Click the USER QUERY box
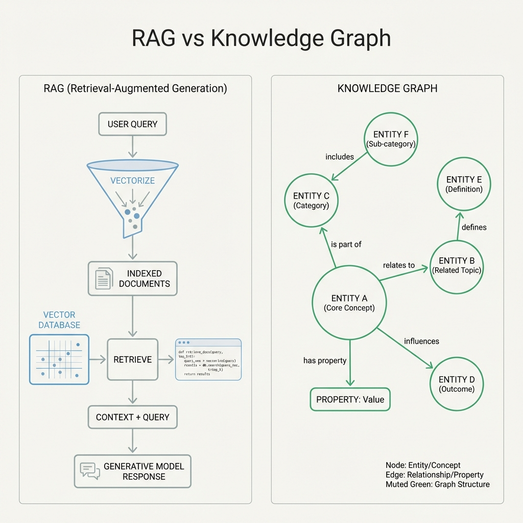click(132, 124)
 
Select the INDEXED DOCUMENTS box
click(132, 278)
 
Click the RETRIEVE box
click(132, 360)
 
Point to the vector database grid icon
click(59, 359)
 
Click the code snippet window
click(208, 359)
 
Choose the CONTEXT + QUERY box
click(132, 417)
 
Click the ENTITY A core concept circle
click(349, 303)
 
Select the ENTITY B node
click(456, 265)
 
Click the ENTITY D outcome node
click(456, 384)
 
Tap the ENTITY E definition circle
click(464, 184)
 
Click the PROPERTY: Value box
click(350, 399)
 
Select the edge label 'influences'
click(421, 341)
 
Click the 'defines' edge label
click(474, 227)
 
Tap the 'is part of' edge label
click(346, 244)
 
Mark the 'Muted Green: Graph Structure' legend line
click(437, 484)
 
